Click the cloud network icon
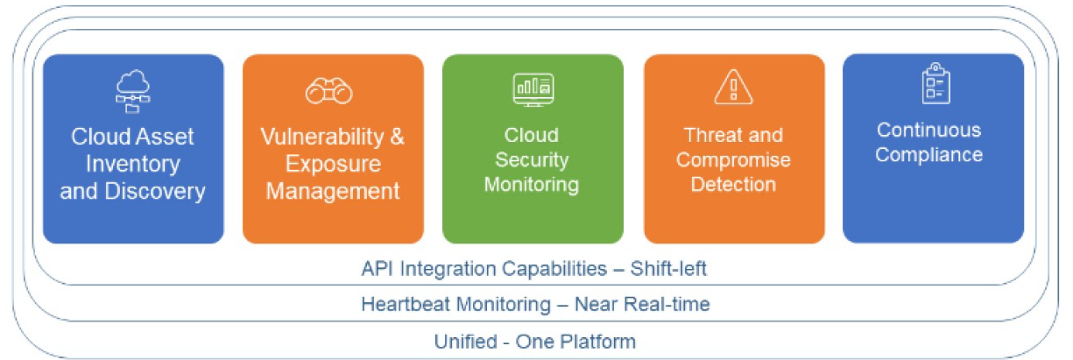point(132,91)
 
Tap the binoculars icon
point(329,90)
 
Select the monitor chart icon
point(533,89)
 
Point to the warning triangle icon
point(733,87)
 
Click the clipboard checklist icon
point(936,83)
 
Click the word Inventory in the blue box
point(133,164)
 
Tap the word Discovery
point(155,191)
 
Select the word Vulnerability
point(322,137)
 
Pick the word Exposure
point(334,164)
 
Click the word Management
point(333,191)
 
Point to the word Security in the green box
point(532,160)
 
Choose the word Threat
point(709,135)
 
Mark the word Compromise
point(733,160)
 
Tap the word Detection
point(733,184)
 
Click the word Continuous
point(929,131)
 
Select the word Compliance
point(929,155)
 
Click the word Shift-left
point(668,269)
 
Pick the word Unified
point(466,342)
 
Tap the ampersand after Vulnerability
point(397,137)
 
